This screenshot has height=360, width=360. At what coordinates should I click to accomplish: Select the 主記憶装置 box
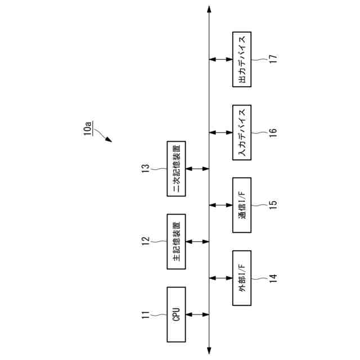click(176, 241)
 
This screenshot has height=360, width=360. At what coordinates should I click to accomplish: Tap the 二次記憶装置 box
click(176, 169)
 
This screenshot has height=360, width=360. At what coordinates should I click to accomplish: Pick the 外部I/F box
click(242, 278)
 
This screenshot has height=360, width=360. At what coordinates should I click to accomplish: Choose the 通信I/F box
click(242, 205)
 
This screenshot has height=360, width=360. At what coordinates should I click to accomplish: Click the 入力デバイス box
click(242, 132)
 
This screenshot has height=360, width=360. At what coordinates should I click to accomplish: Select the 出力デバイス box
click(242, 59)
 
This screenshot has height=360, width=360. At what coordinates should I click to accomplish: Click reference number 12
click(145, 241)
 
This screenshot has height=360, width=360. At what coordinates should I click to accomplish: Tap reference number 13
click(145, 169)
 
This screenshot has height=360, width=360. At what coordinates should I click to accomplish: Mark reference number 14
click(273, 278)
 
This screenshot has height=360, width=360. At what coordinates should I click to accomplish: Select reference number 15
click(273, 205)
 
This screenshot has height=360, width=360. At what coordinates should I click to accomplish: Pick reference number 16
click(273, 132)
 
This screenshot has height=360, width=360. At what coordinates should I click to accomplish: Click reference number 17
click(273, 59)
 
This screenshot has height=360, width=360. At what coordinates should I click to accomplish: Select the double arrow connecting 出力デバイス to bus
click(220, 59)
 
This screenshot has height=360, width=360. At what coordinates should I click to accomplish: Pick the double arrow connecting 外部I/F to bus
click(220, 278)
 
